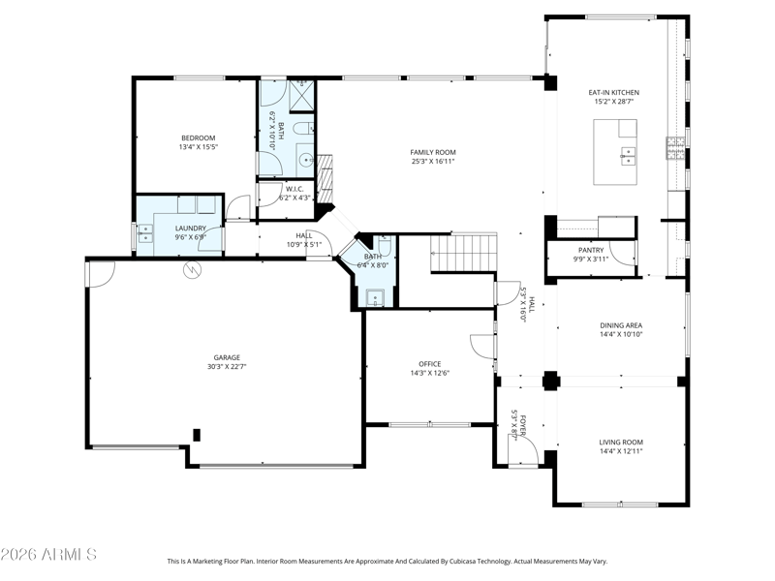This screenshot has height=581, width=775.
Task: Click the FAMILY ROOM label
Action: (433, 152)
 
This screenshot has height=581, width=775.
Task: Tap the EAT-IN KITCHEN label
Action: (613, 92)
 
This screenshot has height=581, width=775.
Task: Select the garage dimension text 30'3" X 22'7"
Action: (227, 367)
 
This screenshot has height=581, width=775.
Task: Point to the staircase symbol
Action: (463, 253)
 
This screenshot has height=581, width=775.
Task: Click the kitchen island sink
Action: (628, 156)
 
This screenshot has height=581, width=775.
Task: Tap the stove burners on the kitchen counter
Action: (675, 148)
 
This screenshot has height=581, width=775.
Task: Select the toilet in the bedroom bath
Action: (303, 129)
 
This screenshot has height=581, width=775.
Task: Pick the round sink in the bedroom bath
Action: (307, 160)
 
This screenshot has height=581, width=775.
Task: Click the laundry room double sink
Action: (145, 234)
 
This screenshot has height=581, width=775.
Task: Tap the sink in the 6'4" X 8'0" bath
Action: (375, 298)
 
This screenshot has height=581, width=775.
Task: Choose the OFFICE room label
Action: (429, 364)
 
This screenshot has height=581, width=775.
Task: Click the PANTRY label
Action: (591, 250)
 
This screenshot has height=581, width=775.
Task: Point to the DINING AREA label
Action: (621, 325)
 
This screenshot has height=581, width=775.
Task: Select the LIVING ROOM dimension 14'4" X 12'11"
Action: (621, 451)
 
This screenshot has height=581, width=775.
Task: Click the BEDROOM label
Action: (199, 138)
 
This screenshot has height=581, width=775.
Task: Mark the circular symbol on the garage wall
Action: (192, 269)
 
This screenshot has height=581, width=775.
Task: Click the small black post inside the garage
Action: (197, 435)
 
